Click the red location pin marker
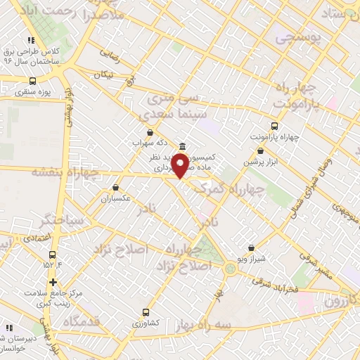(180, 166)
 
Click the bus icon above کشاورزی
(146, 312)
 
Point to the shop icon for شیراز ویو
(252, 247)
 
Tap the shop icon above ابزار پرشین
(261, 150)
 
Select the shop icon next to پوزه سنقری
(33, 81)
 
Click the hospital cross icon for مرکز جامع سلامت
(53, 282)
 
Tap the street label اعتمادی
(37, 238)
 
